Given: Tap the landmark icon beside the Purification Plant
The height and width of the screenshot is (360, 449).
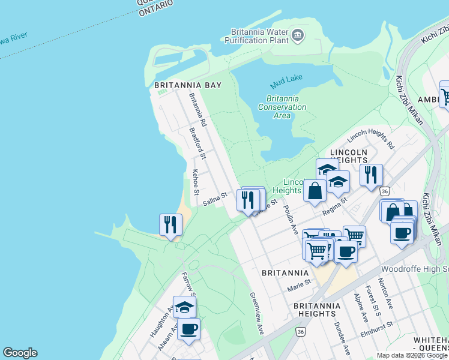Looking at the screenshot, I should (x=298, y=36).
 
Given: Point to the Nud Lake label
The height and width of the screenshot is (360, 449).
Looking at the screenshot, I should (x=286, y=79).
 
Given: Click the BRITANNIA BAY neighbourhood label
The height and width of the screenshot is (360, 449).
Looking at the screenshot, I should (x=188, y=85).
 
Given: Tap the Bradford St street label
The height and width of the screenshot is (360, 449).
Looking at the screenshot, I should (x=197, y=143).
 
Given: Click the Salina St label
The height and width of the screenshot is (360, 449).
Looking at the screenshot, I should (x=215, y=199).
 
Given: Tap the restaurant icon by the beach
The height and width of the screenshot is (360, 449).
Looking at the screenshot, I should (x=170, y=225).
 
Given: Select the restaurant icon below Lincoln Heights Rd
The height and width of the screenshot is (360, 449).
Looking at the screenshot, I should (x=371, y=175).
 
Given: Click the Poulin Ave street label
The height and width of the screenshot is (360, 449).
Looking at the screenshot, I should (x=291, y=220).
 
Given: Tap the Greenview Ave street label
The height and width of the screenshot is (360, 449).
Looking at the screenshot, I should (x=257, y=314).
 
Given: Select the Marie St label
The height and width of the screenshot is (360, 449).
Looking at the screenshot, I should (x=298, y=283).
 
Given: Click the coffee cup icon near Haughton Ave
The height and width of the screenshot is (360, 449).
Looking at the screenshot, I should (x=188, y=329).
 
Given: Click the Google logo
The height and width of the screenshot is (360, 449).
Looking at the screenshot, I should (x=20, y=353).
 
